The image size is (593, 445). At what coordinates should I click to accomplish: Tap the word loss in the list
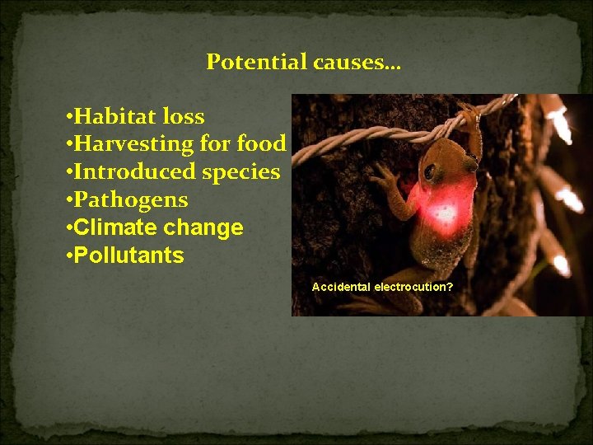(x=183, y=116)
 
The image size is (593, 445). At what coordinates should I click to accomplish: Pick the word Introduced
(x=133, y=172)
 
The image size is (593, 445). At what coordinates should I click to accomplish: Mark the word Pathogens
(x=131, y=200)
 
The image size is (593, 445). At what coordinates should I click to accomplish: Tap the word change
(x=205, y=227)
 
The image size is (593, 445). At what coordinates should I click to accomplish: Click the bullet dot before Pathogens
(x=68, y=200)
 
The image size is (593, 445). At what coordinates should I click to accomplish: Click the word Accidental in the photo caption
(x=341, y=288)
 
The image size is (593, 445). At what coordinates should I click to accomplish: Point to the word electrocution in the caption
(x=413, y=288)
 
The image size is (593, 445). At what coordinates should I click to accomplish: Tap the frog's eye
(x=429, y=172)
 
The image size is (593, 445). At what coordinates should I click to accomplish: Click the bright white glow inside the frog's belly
(x=445, y=213)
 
